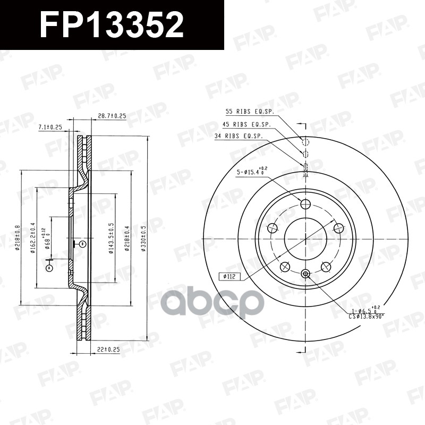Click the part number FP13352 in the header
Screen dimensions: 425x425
point(112,25)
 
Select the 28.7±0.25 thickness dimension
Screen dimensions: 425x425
point(112,116)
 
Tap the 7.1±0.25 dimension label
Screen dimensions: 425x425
point(50,127)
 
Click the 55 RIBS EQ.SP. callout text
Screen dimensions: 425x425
point(249,112)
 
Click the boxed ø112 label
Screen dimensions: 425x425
point(229,276)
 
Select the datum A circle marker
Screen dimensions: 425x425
point(50,268)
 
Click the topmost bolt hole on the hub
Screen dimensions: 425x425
point(305,205)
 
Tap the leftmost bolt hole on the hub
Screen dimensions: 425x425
point(273,228)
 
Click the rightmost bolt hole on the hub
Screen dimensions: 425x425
point(337,228)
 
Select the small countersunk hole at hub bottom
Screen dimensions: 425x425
point(305,273)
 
